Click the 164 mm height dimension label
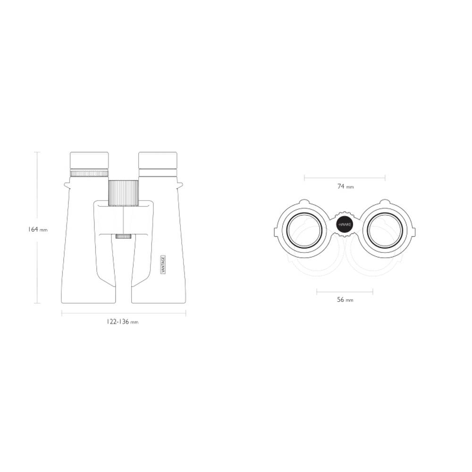[x=38, y=229]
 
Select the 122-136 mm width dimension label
[x=122, y=322]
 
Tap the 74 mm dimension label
[x=346, y=186]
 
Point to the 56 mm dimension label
[x=345, y=300]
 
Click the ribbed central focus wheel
[x=123, y=193]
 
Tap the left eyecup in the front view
[x=89, y=160]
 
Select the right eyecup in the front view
[x=158, y=160]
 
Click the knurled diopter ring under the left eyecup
[x=89, y=173]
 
